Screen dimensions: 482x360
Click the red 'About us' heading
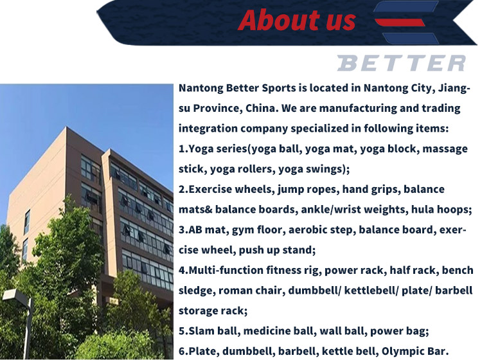click(x=297, y=21)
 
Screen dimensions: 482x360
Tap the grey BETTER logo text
click(x=402, y=63)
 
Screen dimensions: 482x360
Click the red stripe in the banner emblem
click(x=400, y=22)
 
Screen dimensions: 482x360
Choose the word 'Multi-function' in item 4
click(x=226, y=270)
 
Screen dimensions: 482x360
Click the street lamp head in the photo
click(x=16, y=295)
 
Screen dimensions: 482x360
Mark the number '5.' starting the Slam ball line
click(x=183, y=331)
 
